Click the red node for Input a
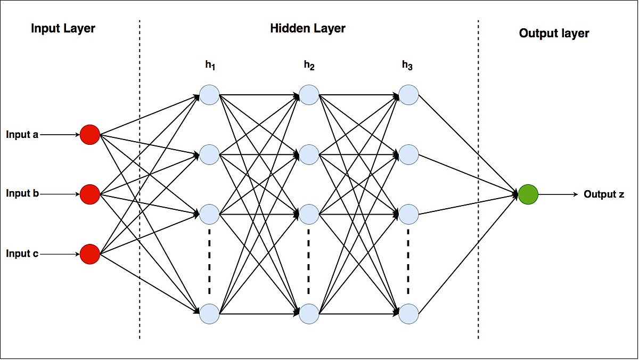pos(90,135)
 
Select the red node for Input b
pos(90,194)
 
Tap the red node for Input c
pos(90,254)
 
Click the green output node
pos(528,194)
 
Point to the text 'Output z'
pos(604,194)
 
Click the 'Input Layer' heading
pos(63,28)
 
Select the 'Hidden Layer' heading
pos(308,28)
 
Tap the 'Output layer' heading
pos(554,33)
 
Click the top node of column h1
pos(209,95)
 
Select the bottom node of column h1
pos(209,314)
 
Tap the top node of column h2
pos(309,95)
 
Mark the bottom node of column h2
pos(309,314)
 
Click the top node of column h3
pos(408,95)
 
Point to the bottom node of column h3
pos(408,314)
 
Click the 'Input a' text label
pos(22,135)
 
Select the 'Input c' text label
pos(22,254)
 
